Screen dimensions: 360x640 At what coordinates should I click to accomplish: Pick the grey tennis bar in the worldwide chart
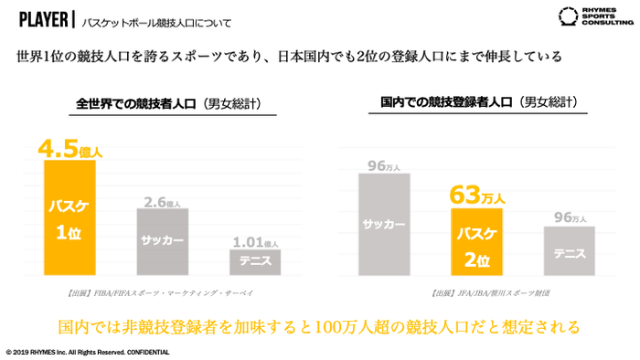(x=254, y=261)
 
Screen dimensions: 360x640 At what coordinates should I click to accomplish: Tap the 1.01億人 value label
(x=254, y=242)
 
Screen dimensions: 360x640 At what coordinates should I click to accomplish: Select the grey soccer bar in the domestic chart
(x=384, y=223)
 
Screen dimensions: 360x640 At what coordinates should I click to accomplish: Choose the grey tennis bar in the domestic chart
(x=569, y=250)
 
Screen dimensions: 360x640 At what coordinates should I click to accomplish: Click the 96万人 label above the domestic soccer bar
(x=384, y=165)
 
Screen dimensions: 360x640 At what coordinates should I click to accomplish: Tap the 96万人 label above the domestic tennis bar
(x=569, y=217)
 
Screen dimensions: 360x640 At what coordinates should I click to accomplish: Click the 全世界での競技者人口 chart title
(x=161, y=104)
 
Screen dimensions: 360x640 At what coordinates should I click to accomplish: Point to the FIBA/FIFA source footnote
(x=161, y=292)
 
